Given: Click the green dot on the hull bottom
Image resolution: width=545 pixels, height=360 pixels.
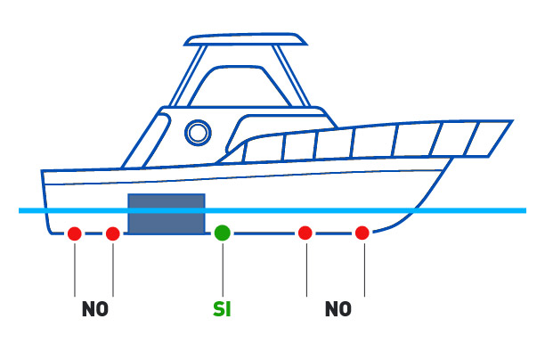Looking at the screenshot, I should click(x=223, y=233).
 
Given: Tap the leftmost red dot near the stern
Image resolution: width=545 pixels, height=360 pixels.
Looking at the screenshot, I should click(x=75, y=233).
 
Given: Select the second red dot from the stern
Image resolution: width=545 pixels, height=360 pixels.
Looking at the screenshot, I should click(x=113, y=233).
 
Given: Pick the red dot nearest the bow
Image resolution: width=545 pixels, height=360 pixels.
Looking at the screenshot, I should click(x=362, y=233).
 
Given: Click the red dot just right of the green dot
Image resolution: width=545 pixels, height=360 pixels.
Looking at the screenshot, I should click(x=305, y=233).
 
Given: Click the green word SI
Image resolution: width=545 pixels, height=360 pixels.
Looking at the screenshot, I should click(x=222, y=309).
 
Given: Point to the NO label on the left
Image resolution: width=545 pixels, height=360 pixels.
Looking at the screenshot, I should click(x=94, y=309).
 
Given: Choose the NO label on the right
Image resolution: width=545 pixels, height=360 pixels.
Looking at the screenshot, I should click(x=338, y=309).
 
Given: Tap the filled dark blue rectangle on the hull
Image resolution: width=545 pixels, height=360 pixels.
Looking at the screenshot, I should click(x=167, y=214).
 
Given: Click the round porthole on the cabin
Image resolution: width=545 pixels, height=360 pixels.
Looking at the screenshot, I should click(x=198, y=133).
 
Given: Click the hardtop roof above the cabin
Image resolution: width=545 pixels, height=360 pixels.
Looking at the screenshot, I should click(x=245, y=39).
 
